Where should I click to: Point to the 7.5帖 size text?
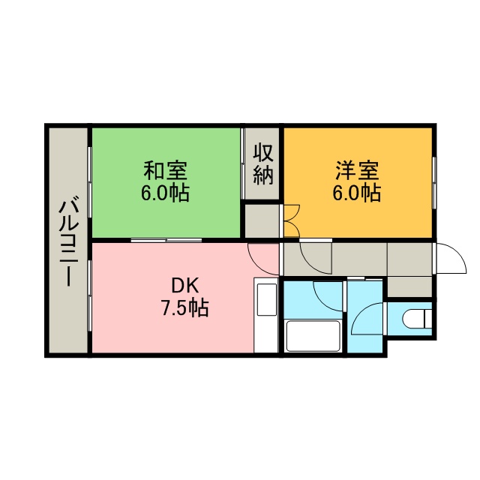185,307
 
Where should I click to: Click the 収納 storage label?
263,165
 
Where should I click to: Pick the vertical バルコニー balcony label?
69,241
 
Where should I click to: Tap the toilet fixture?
416,318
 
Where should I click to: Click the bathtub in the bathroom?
313,336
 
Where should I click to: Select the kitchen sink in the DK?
267,299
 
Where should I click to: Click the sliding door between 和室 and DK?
166,240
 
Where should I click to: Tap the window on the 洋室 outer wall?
434,183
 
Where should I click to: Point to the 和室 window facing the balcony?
89,182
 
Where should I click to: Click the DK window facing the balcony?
89,295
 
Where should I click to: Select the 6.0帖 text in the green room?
165,193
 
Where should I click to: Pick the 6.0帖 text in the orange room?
357,193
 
